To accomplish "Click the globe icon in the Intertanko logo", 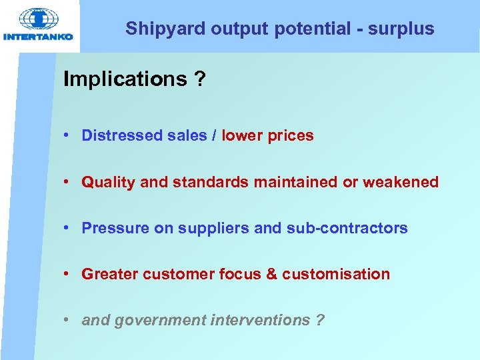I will coord(38,19).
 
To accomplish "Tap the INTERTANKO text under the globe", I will coord(38,37).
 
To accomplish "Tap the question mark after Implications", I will coord(199,79).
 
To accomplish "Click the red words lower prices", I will coord(267,135).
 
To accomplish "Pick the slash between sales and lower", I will coord(214,135).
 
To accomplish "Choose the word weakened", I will coord(401,182).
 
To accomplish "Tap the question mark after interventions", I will coord(320,320).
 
